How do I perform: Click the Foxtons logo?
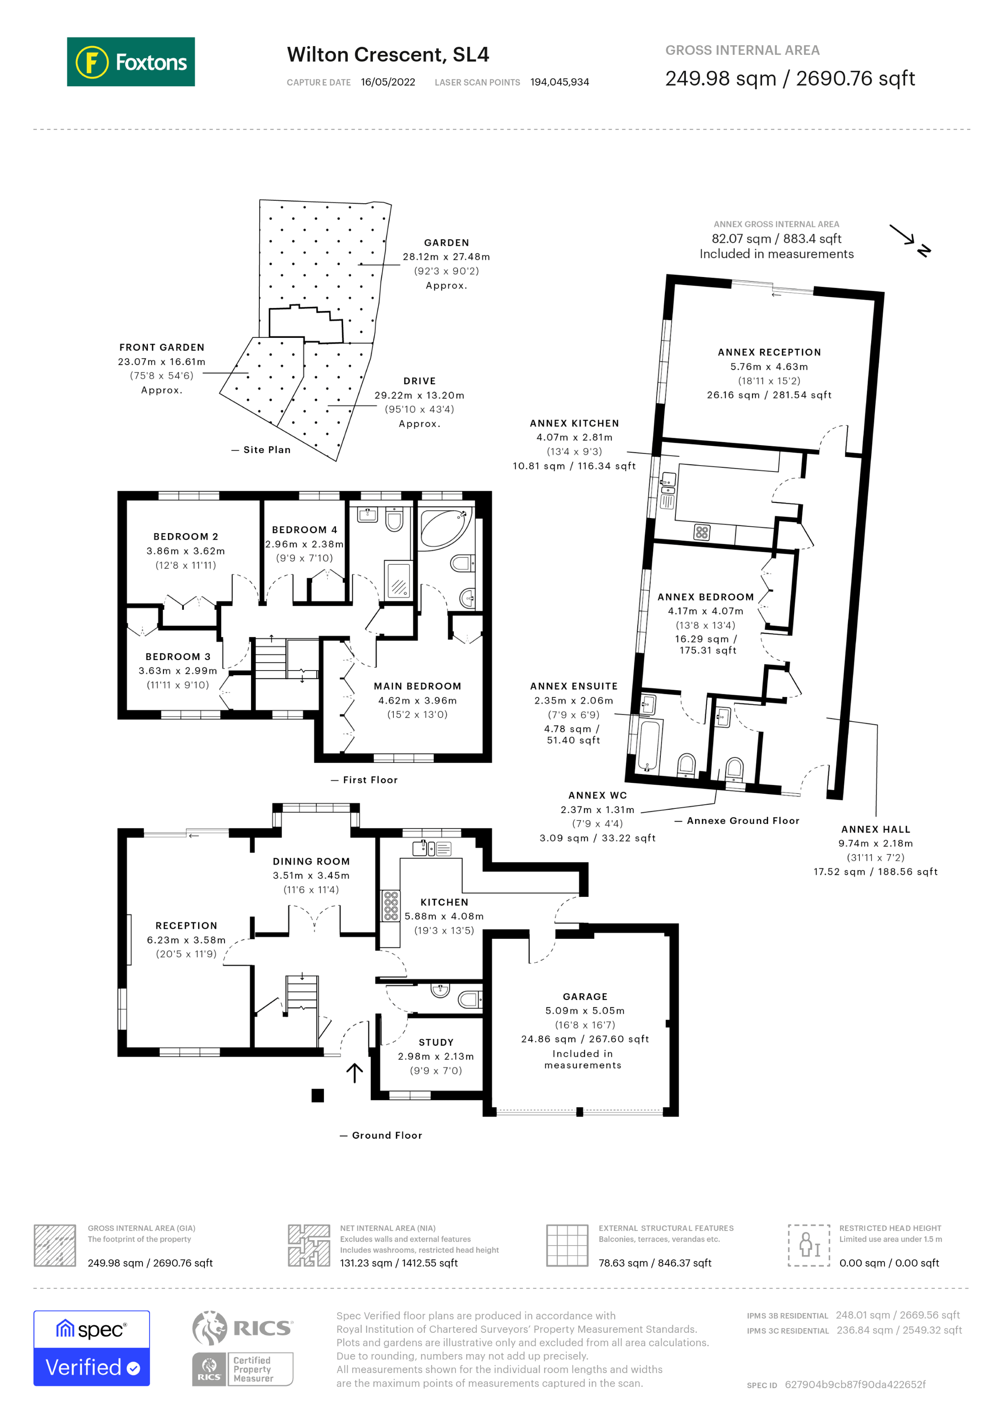(x=131, y=62)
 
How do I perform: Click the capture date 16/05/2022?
(x=387, y=82)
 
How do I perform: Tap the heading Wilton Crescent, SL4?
(x=387, y=54)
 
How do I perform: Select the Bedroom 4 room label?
(x=304, y=530)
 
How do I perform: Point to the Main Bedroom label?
(x=417, y=686)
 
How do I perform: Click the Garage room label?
(x=585, y=997)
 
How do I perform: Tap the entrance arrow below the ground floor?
(x=354, y=1073)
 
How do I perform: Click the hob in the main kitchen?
(x=391, y=906)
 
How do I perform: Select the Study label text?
(x=436, y=1043)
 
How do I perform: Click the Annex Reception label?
(x=769, y=352)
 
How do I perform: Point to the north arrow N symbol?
(x=924, y=251)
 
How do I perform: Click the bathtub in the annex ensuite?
(x=648, y=745)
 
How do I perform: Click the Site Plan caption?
(x=267, y=450)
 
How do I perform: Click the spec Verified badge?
(x=91, y=1348)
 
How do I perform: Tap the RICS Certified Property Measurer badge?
(x=242, y=1369)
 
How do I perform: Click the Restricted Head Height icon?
(x=808, y=1245)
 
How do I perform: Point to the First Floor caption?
(x=370, y=781)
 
